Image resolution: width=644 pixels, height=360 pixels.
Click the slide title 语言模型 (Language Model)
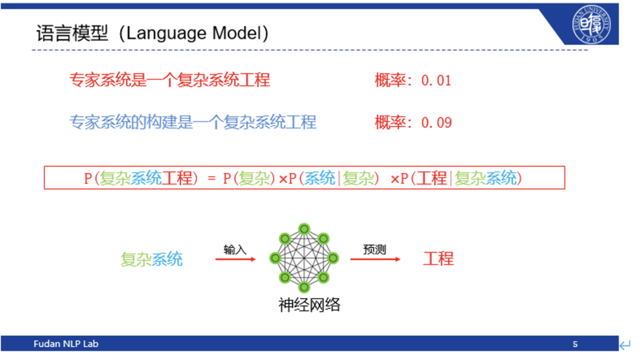[152, 34]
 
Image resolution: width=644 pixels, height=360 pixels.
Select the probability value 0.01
[436, 80]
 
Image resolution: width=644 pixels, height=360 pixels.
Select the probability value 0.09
[436, 123]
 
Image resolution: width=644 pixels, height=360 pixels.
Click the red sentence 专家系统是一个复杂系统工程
[170, 80]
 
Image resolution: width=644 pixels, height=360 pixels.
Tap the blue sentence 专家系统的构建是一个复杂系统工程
[193, 123]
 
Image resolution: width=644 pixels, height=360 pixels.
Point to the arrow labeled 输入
[235, 259]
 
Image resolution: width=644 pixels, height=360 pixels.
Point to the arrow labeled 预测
[375, 259]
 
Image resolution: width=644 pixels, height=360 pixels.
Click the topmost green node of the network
[304, 229]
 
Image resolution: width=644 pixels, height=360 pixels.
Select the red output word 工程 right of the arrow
[438, 259]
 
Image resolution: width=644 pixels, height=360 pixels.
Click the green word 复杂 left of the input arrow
[136, 259]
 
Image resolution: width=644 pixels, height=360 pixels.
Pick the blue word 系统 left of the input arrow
[167, 259]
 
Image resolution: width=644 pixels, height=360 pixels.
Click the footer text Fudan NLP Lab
[66, 344]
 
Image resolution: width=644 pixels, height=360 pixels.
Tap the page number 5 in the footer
[575, 344]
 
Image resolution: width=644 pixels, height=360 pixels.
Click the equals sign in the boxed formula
[211, 178]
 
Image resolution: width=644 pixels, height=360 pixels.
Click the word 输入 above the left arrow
[235, 249]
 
